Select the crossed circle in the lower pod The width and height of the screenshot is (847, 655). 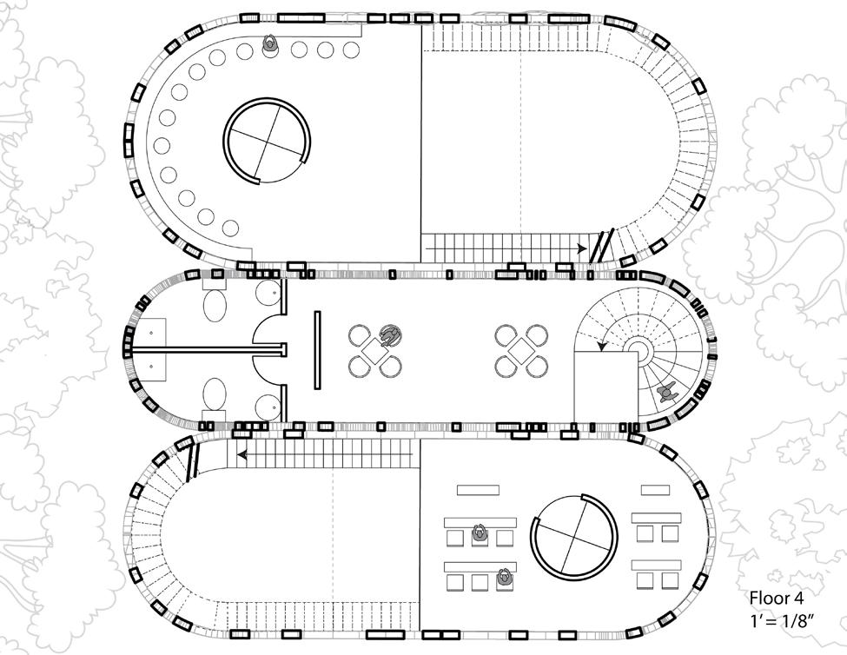click(x=574, y=536)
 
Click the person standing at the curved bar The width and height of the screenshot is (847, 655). click(x=270, y=44)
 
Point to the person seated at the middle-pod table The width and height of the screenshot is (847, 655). click(x=391, y=334)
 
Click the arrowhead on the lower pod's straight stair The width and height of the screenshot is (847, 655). click(x=243, y=453)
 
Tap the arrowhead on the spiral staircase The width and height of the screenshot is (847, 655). click(x=600, y=347)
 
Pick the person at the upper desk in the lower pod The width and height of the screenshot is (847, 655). click(x=479, y=534)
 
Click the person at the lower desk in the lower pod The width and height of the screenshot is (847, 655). click(x=504, y=575)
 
